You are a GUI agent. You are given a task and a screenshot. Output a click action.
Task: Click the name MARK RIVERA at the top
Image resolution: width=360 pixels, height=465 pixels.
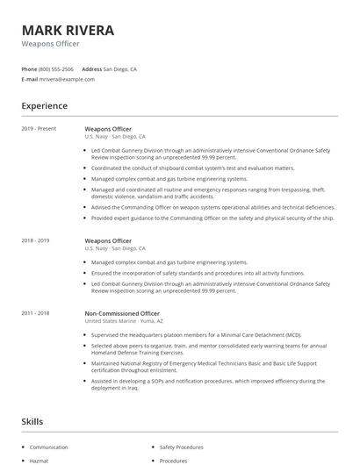click(x=68, y=31)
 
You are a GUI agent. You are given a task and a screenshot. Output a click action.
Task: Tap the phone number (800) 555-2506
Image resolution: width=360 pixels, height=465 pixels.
click(x=55, y=68)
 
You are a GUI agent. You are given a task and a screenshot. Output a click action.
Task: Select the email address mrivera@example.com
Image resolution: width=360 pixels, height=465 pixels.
click(x=67, y=79)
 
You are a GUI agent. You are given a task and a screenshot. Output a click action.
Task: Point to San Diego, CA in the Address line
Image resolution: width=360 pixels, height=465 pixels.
click(x=120, y=68)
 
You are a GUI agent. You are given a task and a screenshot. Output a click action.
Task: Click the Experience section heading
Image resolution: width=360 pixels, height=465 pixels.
click(x=44, y=106)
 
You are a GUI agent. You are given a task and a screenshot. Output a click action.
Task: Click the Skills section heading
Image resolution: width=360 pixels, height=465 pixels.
click(x=32, y=422)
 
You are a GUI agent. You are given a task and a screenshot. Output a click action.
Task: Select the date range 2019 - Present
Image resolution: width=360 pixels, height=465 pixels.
click(x=39, y=128)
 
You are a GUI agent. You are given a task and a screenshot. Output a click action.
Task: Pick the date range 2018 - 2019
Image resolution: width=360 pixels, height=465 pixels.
click(x=35, y=240)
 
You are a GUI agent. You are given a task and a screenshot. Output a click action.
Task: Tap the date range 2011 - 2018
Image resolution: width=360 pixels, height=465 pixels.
click(x=35, y=312)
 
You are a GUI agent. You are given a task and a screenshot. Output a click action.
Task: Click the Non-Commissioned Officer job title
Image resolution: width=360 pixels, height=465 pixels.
click(x=122, y=312)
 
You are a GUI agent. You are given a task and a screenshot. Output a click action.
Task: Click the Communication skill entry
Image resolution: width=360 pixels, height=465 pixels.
click(x=48, y=447)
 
